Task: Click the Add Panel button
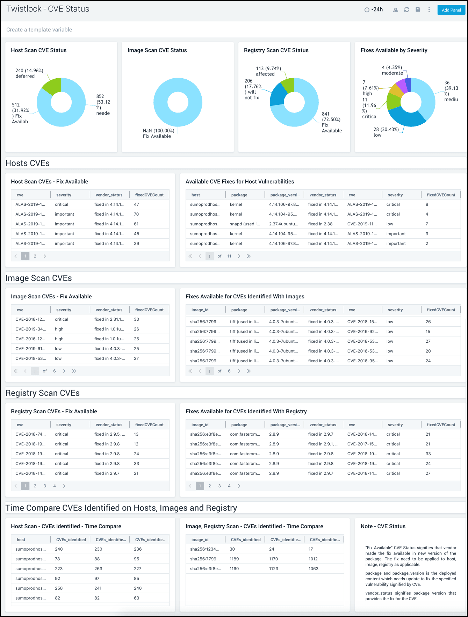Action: (451, 10)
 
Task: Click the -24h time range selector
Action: (374, 10)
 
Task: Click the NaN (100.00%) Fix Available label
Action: (158, 133)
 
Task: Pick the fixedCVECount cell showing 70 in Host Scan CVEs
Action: (136, 214)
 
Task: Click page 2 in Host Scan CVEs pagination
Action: (35, 256)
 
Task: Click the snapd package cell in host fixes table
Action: (245, 224)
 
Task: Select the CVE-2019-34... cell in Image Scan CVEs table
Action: (30, 329)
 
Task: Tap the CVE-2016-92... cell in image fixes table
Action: (362, 332)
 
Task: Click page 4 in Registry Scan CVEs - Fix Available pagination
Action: (55, 486)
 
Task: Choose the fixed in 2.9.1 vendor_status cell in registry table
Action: (323, 444)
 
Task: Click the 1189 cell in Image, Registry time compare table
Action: (234, 559)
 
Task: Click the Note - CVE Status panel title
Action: (383, 526)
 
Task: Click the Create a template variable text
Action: (39, 30)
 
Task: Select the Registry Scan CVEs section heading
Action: (43, 393)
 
